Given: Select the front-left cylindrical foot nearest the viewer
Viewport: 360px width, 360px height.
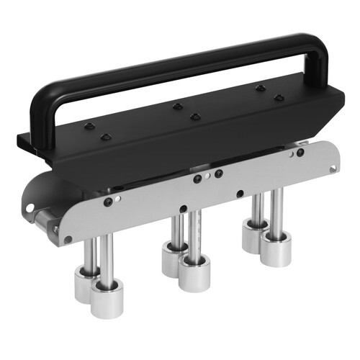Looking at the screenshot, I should click(x=107, y=297).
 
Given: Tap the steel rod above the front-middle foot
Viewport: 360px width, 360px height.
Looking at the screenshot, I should click(x=193, y=230).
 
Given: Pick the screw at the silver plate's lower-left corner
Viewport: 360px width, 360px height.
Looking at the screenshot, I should click(x=68, y=238).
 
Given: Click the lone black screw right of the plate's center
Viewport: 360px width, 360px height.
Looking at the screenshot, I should click(x=240, y=194).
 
